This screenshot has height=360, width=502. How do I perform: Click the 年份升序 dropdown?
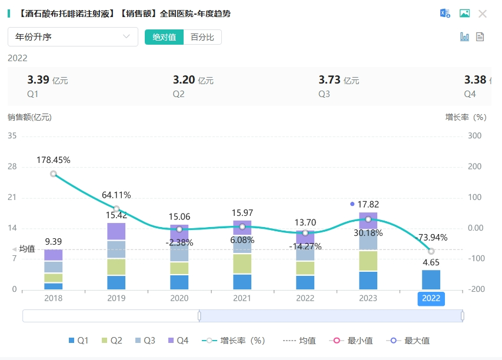tap(72, 36)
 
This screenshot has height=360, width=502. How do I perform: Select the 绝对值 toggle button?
tap(164, 37)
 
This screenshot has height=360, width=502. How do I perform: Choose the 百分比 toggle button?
tap(202, 37)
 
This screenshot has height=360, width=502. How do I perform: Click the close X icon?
tap(483, 14)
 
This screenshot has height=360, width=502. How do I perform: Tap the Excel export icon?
tap(445, 14)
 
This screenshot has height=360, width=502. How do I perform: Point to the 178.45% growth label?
tap(54, 160)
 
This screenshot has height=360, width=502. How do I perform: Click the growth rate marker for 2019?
tap(117, 209)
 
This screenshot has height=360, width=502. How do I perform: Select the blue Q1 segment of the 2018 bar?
tap(54, 286)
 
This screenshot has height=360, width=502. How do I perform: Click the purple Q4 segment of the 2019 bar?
tap(117, 231)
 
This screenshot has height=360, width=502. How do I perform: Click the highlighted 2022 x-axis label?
tap(431, 298)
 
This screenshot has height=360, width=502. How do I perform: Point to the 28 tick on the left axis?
tap(12, 167)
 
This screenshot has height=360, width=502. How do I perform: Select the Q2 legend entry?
tap(112, 341)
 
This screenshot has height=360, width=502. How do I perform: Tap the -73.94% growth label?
tap(432, 238)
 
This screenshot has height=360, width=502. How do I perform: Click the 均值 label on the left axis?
tap(27, 249)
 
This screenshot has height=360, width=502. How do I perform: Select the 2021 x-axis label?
tap(242, 298)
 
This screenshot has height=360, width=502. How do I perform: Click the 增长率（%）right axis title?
tap(466, 117)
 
